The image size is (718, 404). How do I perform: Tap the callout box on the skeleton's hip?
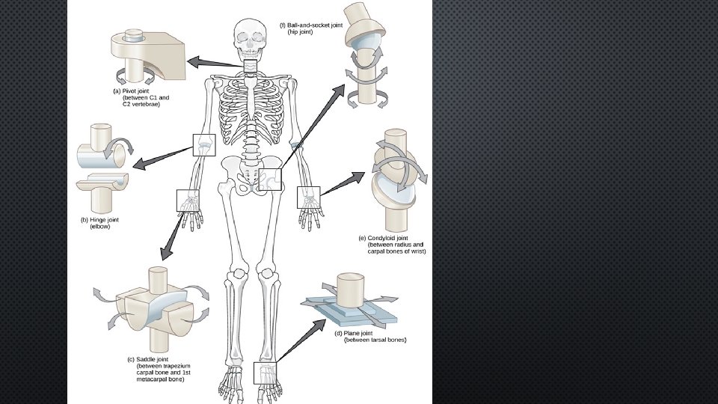(271, 180)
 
